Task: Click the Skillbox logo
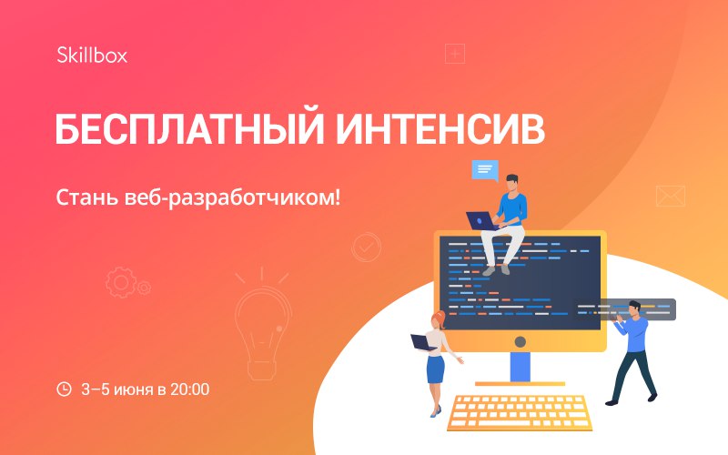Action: pyautogui.click(x=92, y=55)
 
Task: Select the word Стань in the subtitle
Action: pyautogui.click(x=86, y=197)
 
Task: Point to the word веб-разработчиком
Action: pyautogui.click(x=232, y=198)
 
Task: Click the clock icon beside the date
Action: pyautogui.click(x=64, y=389)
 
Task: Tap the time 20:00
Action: pyautogui.click(x=189, y=389)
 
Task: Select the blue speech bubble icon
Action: pyautogui.click(x=485, y=170)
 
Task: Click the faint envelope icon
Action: pyautogui.click(x=671, y=196)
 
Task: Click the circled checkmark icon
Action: pyautogui.click(x=367, y=247)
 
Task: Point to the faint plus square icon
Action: pyautogui.click(x=455, y=54)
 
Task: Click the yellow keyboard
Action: pyautogui.click(x=520, y=412)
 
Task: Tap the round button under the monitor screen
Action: pyautogui.click(x=521, y=342)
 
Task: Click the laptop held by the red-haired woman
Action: pyautogui.click(x=422, y=342)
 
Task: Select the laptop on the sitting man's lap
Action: pyautogui.click(x=481, y=221)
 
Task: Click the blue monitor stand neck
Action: pyautogui.click(x=521, y=367)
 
